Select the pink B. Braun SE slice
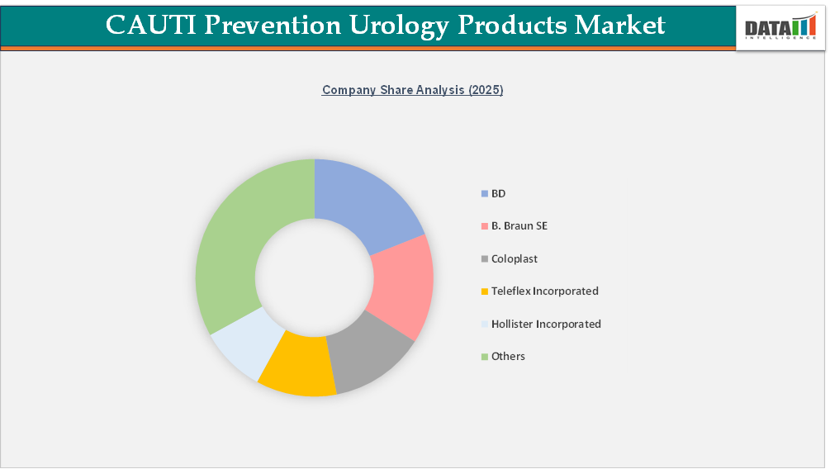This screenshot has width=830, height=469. point(401,285)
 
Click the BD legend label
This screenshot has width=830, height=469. point(498,193)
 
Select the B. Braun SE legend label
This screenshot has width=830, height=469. point(519,225)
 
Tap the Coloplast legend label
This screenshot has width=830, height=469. point(514,258)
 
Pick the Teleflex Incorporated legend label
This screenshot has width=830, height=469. point(544,291)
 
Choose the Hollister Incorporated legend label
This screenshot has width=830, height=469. point(546,324)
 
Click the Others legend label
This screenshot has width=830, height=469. point(508,356)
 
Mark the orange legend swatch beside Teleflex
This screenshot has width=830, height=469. point(484,291)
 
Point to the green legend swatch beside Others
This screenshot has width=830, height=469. point(484,357)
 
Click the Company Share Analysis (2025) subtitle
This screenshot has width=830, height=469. point(412,90)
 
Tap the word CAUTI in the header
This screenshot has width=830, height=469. point(149,25)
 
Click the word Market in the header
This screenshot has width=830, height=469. point(619,25)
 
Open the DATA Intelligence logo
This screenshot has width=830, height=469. point(780,28)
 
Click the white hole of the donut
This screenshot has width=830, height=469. point(315,277)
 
